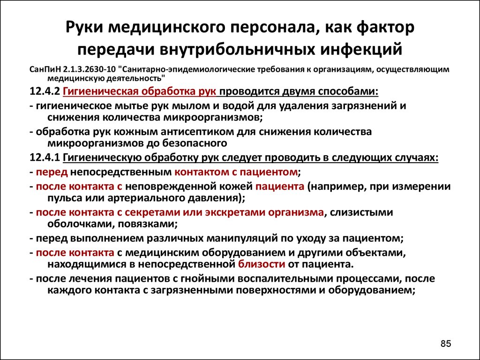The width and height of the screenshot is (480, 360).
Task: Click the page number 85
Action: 446,344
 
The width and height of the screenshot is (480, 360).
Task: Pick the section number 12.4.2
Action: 45,91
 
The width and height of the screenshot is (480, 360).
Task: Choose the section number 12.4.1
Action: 45,158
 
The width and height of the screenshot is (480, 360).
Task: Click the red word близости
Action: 262,264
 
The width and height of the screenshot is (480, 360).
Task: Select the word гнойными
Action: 208,279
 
